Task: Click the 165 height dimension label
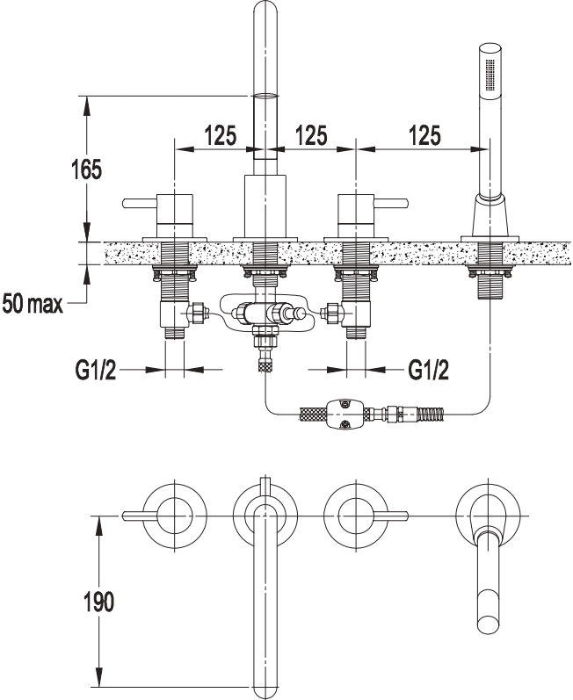[87, 170]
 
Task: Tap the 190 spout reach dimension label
[99, 602]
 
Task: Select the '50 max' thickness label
[33, 304]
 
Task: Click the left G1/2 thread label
[96, 370]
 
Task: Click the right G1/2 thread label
[429, 370]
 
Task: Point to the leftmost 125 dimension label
[221, 135]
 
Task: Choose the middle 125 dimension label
[311, 135]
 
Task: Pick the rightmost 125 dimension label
[424, 135]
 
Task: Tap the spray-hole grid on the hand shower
[490, 76]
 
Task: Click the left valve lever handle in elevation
[140, 204]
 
